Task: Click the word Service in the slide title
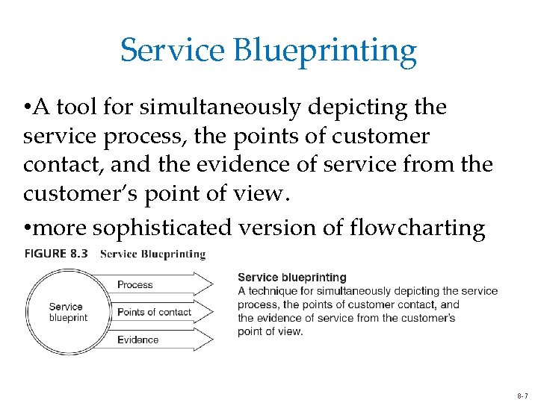point(172,51)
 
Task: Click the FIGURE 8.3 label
point(56,254)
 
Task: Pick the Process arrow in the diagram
point(157,284)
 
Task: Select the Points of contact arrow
point(157,312)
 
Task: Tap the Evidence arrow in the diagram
point(157,340)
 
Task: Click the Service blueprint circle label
point(68,312)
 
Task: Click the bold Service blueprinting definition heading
point(292,278)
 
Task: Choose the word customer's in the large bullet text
point(75,193)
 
